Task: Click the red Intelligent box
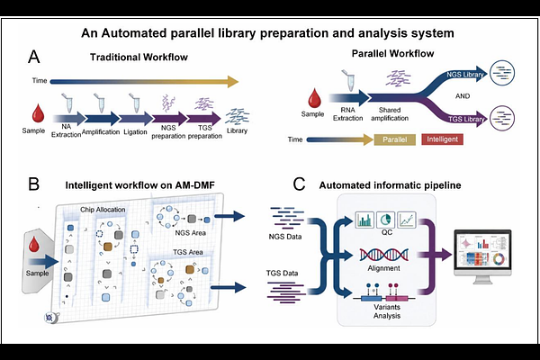tap(442, 139)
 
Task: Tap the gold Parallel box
tap(395, 139)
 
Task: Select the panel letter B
tap(34, 184)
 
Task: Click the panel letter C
tap(299, 184)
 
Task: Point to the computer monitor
tap(482, 256)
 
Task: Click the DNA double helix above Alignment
tap(384, 255)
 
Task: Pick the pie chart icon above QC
tap(385, 220)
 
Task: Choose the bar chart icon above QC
tap(364, 220)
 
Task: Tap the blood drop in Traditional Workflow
tap(38, 113)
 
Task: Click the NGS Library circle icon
tap(502, 73)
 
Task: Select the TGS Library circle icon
tap(502, 118)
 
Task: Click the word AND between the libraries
tap(463, 96)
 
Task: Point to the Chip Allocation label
tap(103, 210)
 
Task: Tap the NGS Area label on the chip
tap(190, 233)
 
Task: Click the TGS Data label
tap(282, 274)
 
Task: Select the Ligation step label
tap(135, 132)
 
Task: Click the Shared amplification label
tap(390, 114)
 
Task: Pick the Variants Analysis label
tap(387, 311)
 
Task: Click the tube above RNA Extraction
tap(350, 80)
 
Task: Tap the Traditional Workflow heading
tap(139, 57)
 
